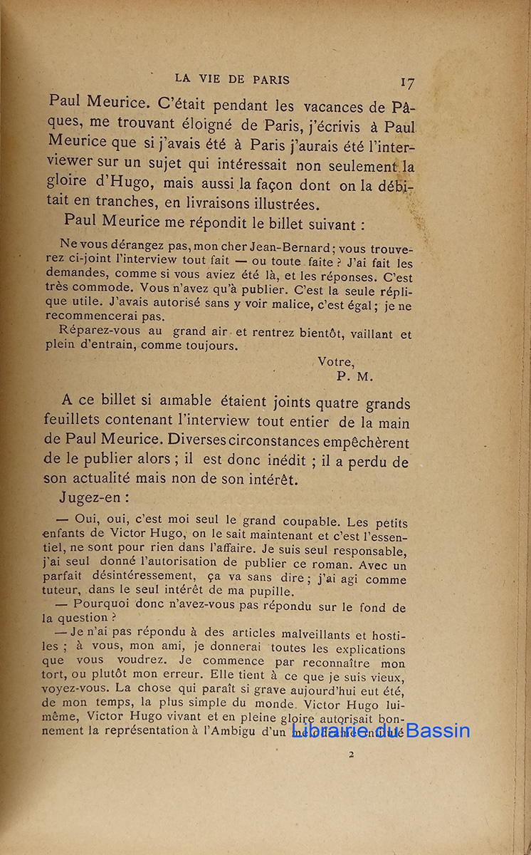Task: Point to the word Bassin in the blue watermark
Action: tap(435, 730)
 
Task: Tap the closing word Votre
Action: tap(335, 362)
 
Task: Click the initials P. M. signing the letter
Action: tap(354, 377)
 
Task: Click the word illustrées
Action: tap(270, 204)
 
